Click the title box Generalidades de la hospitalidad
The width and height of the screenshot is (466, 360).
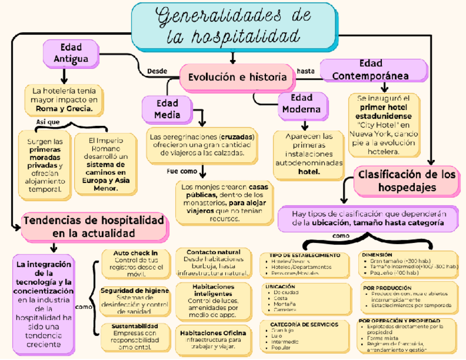234,25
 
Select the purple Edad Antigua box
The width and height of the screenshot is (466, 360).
71,53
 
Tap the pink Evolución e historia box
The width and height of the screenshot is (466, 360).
237,77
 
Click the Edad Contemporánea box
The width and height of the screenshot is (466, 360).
372,70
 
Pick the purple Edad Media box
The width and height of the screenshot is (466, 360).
167,109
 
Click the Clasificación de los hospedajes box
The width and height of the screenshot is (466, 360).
407,181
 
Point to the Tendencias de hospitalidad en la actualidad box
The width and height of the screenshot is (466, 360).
94,226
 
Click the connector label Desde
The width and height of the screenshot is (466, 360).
157,71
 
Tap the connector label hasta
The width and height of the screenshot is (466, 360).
306,71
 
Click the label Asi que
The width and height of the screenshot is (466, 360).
48,121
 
